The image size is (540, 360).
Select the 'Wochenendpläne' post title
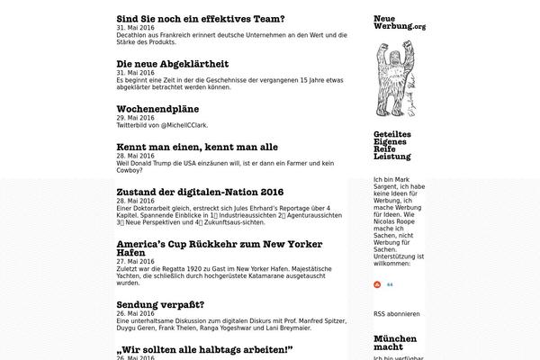(x=158, y=108)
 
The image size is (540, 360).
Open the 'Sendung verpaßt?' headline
(x=160, y=304)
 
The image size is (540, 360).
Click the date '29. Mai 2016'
(x=135, y=118)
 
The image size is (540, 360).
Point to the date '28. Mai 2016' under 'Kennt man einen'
(x=135, y=156)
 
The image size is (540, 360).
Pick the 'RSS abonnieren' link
(x=396, y=314)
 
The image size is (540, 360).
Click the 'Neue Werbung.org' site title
(x=399, y=22)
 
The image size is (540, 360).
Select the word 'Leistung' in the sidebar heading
(x=391, y=157)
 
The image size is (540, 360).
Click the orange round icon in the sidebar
(x=378, y=283)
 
